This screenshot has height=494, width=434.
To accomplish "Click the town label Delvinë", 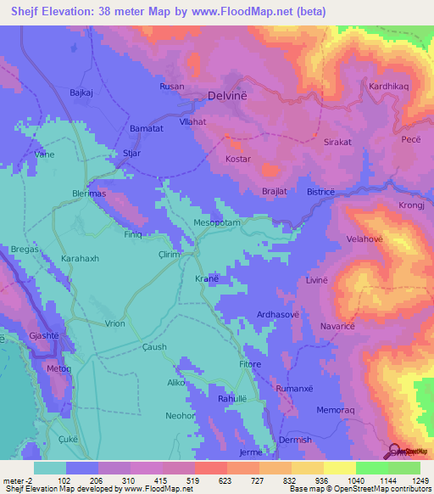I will (x=227, y=97).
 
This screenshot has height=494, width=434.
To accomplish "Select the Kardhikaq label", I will (x=388, y=87).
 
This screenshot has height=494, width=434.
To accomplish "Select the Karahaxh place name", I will (x=81, y=257).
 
